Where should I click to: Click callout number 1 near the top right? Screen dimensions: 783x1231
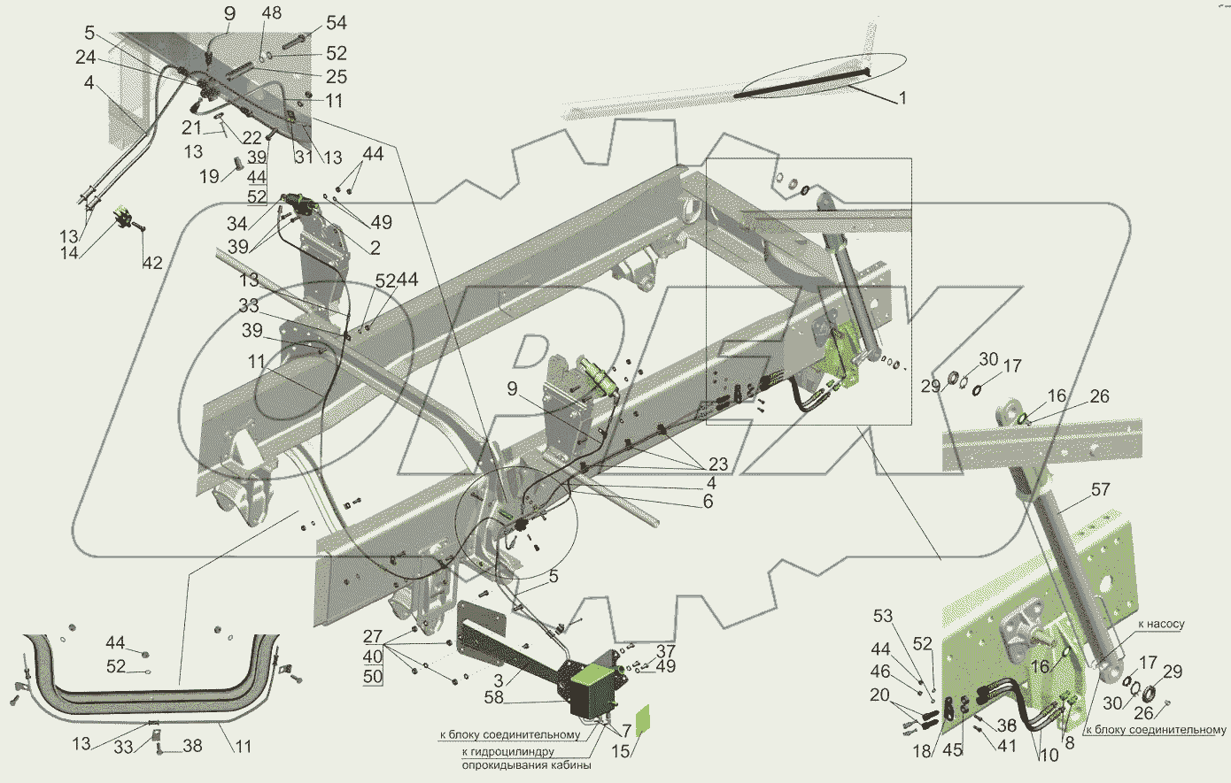click(902, 99)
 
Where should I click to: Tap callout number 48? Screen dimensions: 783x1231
click(271, 14)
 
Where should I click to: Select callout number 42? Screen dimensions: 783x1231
click(151, 262)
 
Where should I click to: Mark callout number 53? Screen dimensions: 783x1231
click(882, 616)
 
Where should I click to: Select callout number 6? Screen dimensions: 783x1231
click(708, 501)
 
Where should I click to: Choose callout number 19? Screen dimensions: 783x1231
click(209, 177)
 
